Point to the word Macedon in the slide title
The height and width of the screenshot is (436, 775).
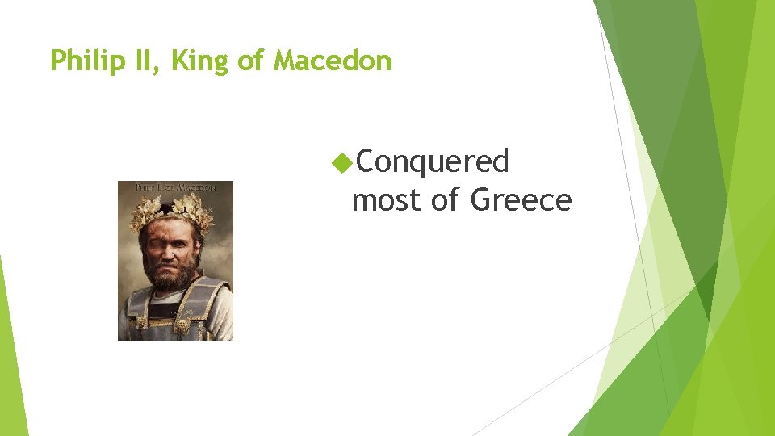coord(333,61)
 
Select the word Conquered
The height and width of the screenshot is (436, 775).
coord(432,161)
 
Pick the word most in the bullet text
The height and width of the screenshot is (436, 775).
coord(387,199)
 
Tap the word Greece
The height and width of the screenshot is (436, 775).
coord(520,199)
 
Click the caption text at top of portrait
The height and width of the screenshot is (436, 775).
coord(175,187)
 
